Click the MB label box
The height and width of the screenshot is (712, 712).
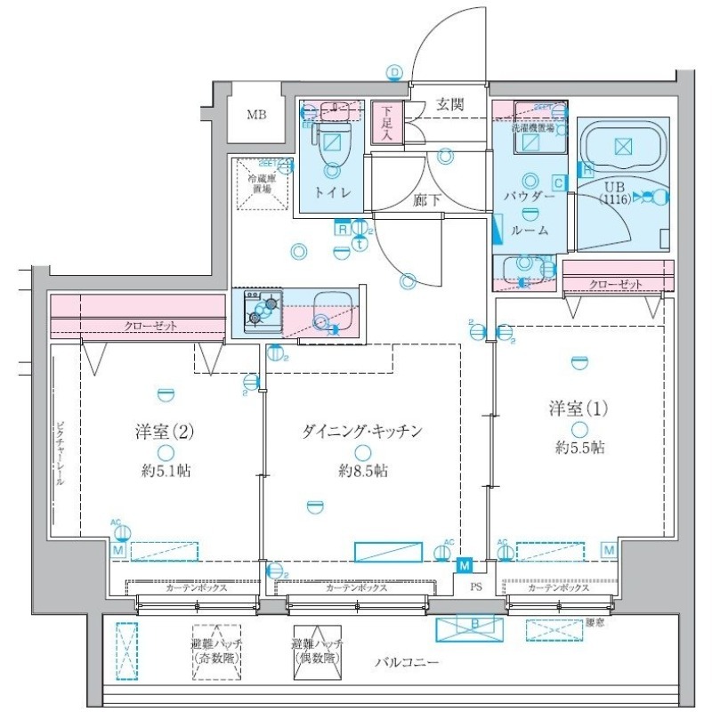tap(257, 115)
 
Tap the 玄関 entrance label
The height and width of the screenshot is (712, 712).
tap(449, 104)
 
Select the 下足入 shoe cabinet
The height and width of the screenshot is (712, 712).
tap(387, 123)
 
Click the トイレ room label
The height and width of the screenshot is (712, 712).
tap(332, 192)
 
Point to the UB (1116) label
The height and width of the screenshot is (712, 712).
tap(615, 194)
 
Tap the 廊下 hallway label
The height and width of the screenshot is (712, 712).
tap(428, 200)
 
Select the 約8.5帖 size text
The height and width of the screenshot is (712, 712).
tap(362, 470)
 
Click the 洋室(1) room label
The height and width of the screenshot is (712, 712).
tap(578, 409)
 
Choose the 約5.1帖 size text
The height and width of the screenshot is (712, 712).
tap(166, 470)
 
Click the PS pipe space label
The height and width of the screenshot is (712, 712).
tap(476, 587)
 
